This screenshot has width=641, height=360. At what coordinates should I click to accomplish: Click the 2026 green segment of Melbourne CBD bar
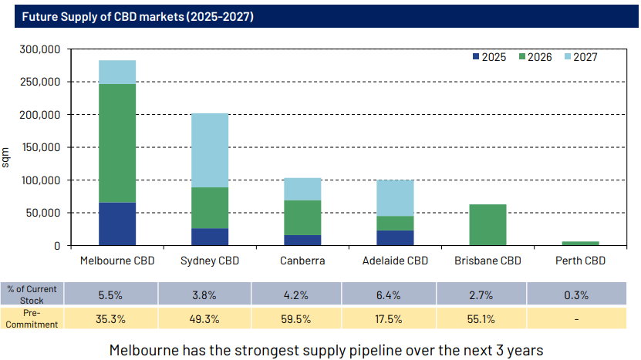[x=117, y=143]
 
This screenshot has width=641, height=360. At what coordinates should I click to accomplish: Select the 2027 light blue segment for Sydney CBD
[x=210, y=150]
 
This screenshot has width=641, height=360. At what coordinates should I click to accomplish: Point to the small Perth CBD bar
[x=580, y=243]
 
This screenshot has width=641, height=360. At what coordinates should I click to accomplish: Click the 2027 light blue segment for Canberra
[x=302, y=189]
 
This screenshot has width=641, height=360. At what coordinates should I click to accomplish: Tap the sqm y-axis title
[x=7, y=158]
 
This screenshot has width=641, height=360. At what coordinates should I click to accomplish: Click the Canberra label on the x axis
[x=302, y=261]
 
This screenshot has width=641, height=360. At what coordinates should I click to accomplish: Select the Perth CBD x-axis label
[x=580, y=261]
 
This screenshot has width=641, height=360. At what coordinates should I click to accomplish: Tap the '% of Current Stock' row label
[x=32, y=294]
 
